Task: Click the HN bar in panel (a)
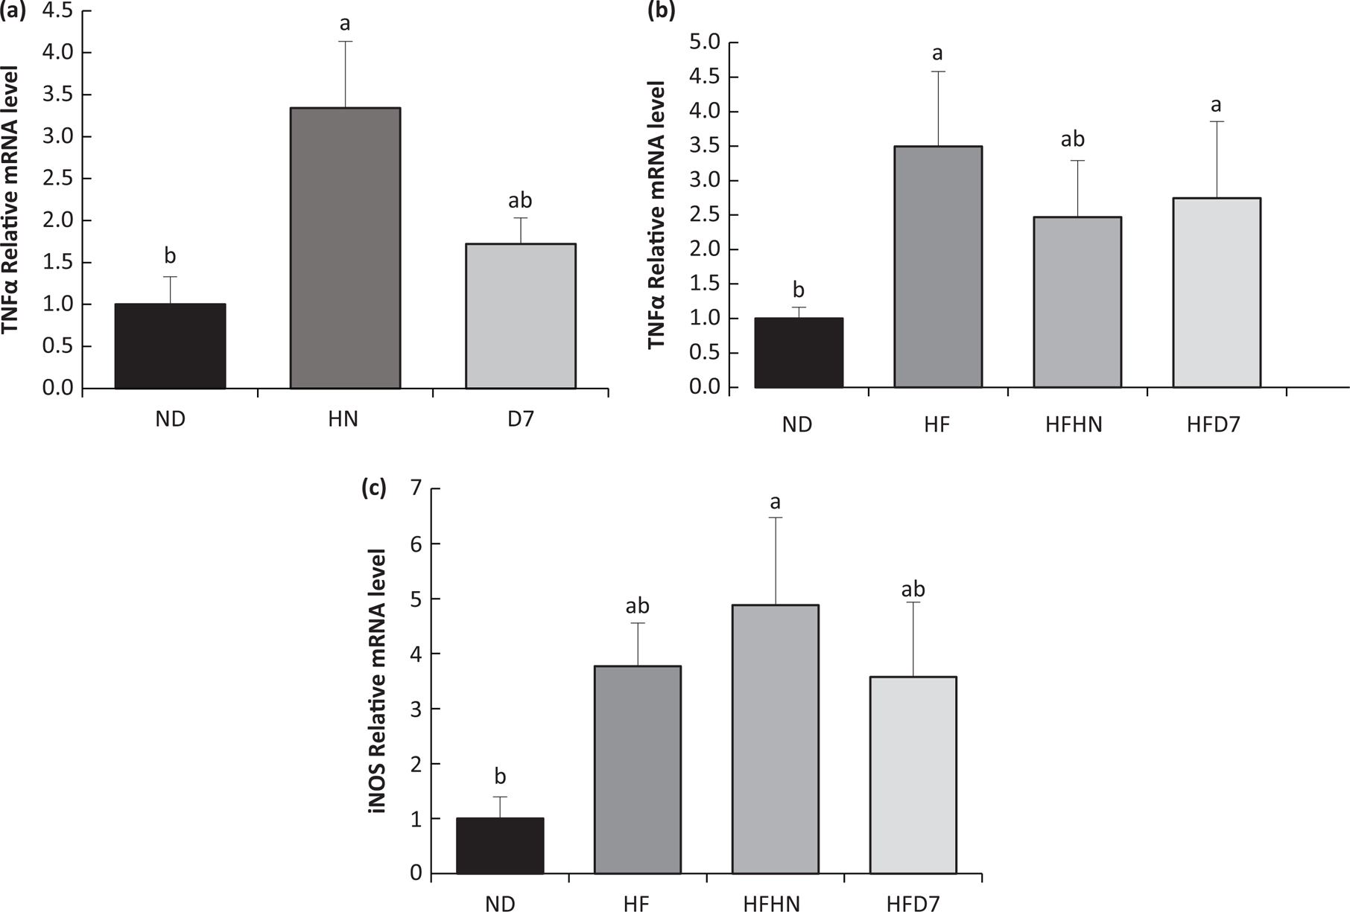tap(345, 248)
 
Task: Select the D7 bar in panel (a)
tap(521, 316)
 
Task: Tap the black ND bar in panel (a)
tap(170, 346)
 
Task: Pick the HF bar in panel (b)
tap(938, 267)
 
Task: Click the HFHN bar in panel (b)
tap(1077, 302)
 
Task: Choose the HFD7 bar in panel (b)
tap(1217, 293)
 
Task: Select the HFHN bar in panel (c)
tap(775, 739)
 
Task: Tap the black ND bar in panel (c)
tap(500, 846)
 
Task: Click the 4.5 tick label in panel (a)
tap(58, 11)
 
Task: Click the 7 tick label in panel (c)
tap(415, 489)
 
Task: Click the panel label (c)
tap(373, 488)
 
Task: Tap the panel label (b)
tap(662, 11)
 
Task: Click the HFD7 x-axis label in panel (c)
tap(913, 904)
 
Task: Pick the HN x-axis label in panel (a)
tap(343, 419)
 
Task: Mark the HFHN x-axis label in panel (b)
tap(1074, 425)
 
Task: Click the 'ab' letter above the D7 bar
tap(520, 200)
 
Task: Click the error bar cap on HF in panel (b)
tap(938, 71)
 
